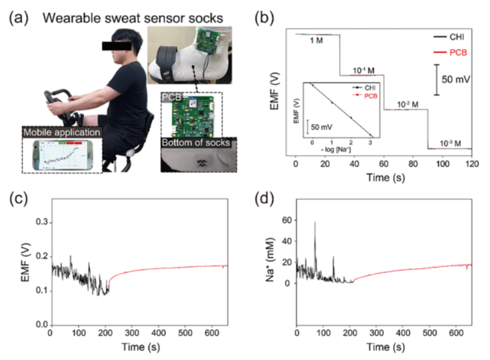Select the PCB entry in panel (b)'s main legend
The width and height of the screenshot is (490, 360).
456,52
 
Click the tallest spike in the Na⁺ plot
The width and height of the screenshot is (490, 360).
315,223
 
